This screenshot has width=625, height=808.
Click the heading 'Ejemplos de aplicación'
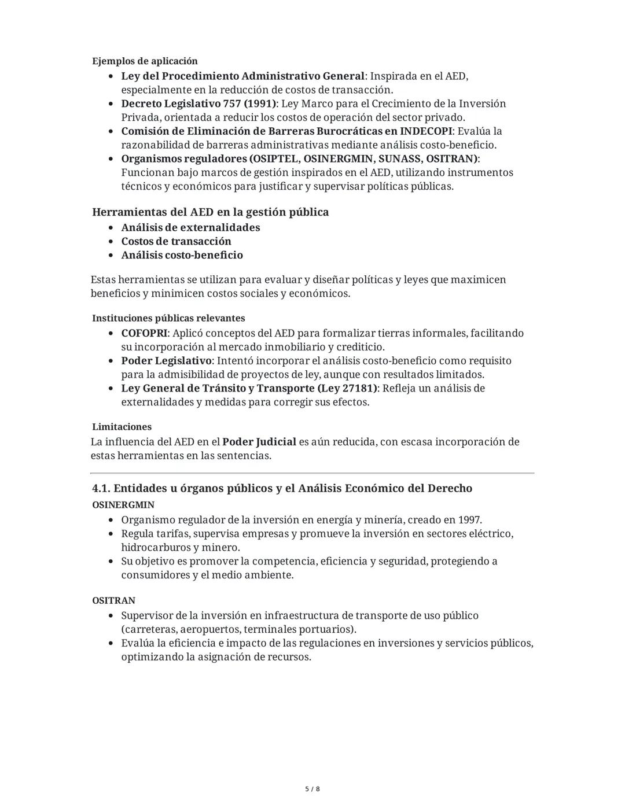[x=145, y=61]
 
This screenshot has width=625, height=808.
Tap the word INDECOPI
[x=425, y=131]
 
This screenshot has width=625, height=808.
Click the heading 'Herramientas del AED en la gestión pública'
[x=210, y=212]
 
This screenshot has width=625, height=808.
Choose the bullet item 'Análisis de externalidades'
[x=190, y=228]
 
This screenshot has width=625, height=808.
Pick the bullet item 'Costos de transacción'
[x=176, y=242]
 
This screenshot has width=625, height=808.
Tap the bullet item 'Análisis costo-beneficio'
[x=182, y=256]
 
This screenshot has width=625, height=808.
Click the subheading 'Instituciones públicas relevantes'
[x=168, y=319]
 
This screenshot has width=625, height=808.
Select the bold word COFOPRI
[x=144, y=334]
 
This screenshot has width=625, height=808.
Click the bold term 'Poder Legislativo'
[x=166, y=361]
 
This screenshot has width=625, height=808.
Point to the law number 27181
[x=359, y=389]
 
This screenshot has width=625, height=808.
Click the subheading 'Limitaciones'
[x=122, y=427]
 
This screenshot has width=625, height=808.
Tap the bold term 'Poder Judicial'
[x=259, y=442]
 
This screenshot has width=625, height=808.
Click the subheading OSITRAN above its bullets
[x=113, y=601]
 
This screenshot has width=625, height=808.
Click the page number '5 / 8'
[x=312, y=789]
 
